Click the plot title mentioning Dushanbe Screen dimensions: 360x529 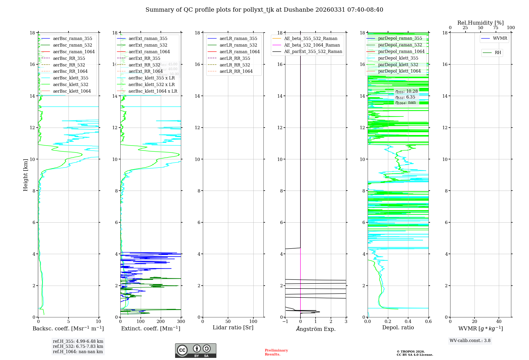264,10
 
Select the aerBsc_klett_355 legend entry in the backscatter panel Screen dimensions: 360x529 70,78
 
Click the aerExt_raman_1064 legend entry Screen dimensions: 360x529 149,52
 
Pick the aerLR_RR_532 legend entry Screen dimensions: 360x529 235,65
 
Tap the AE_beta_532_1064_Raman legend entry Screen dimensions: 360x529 312,45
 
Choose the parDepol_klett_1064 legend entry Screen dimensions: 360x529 399,71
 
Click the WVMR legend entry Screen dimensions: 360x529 500,38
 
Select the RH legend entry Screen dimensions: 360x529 498,53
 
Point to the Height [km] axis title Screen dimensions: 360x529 25,175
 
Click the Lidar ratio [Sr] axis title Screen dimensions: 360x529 233,327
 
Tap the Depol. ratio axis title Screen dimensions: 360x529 398,327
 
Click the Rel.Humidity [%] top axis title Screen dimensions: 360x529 480,23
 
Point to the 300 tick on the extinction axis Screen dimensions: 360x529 181,322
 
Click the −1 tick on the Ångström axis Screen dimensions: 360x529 285,322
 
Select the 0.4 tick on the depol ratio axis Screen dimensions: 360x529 408,322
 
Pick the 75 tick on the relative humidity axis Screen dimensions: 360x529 496,28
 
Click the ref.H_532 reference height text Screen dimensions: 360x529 78,346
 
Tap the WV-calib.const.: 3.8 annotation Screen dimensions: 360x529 470,341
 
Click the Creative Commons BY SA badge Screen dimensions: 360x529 195,350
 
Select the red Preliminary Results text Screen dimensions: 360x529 276,352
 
